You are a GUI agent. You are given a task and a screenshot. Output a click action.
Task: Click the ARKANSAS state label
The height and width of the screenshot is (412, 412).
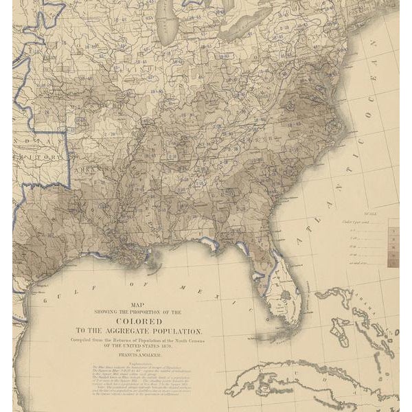(x=103, y=168)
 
